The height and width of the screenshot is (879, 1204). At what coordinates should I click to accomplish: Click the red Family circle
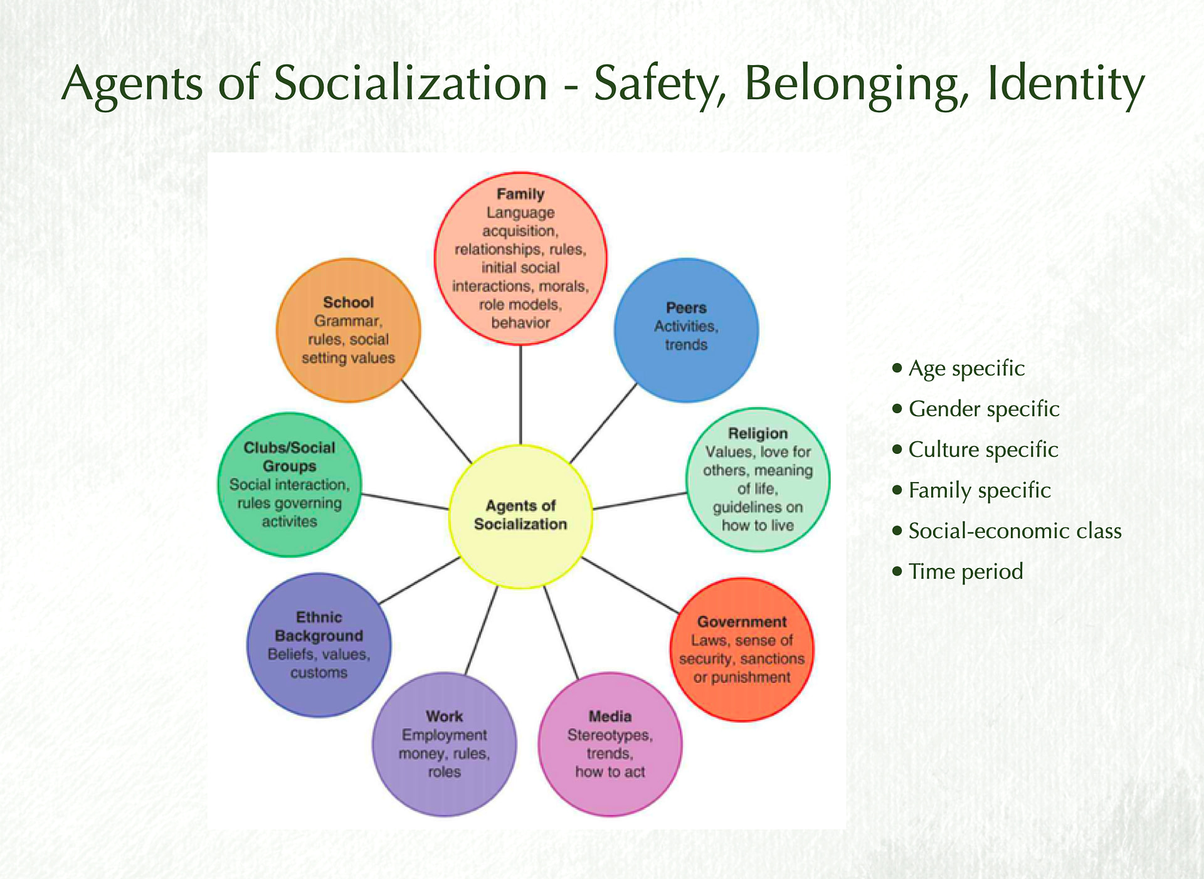tap(520, 258)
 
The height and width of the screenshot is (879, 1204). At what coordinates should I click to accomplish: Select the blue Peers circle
tap(686, 330)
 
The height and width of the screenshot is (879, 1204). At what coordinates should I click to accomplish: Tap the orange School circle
tap(349, 330)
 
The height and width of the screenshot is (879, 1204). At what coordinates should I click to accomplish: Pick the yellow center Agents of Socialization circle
tap(520, 516)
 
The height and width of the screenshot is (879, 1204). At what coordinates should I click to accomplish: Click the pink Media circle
tap(610, 744)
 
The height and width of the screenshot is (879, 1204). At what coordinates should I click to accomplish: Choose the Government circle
tap(742, 650)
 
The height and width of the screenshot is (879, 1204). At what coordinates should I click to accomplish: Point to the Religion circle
tap(758, 480)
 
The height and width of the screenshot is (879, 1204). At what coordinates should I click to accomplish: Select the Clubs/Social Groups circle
tap(290, 484)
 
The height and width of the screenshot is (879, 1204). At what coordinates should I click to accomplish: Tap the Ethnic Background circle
tap(319, 645)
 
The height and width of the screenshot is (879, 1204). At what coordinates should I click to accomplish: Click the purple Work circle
tap(445, 744)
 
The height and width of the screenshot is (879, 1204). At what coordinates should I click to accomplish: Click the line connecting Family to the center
tap(520, 395)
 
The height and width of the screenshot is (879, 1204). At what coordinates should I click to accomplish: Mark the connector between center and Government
tap(630, 585)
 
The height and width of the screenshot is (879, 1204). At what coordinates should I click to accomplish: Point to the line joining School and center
tap(436, 421)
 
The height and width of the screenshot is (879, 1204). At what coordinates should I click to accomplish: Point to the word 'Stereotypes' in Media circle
tap(610, 735)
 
